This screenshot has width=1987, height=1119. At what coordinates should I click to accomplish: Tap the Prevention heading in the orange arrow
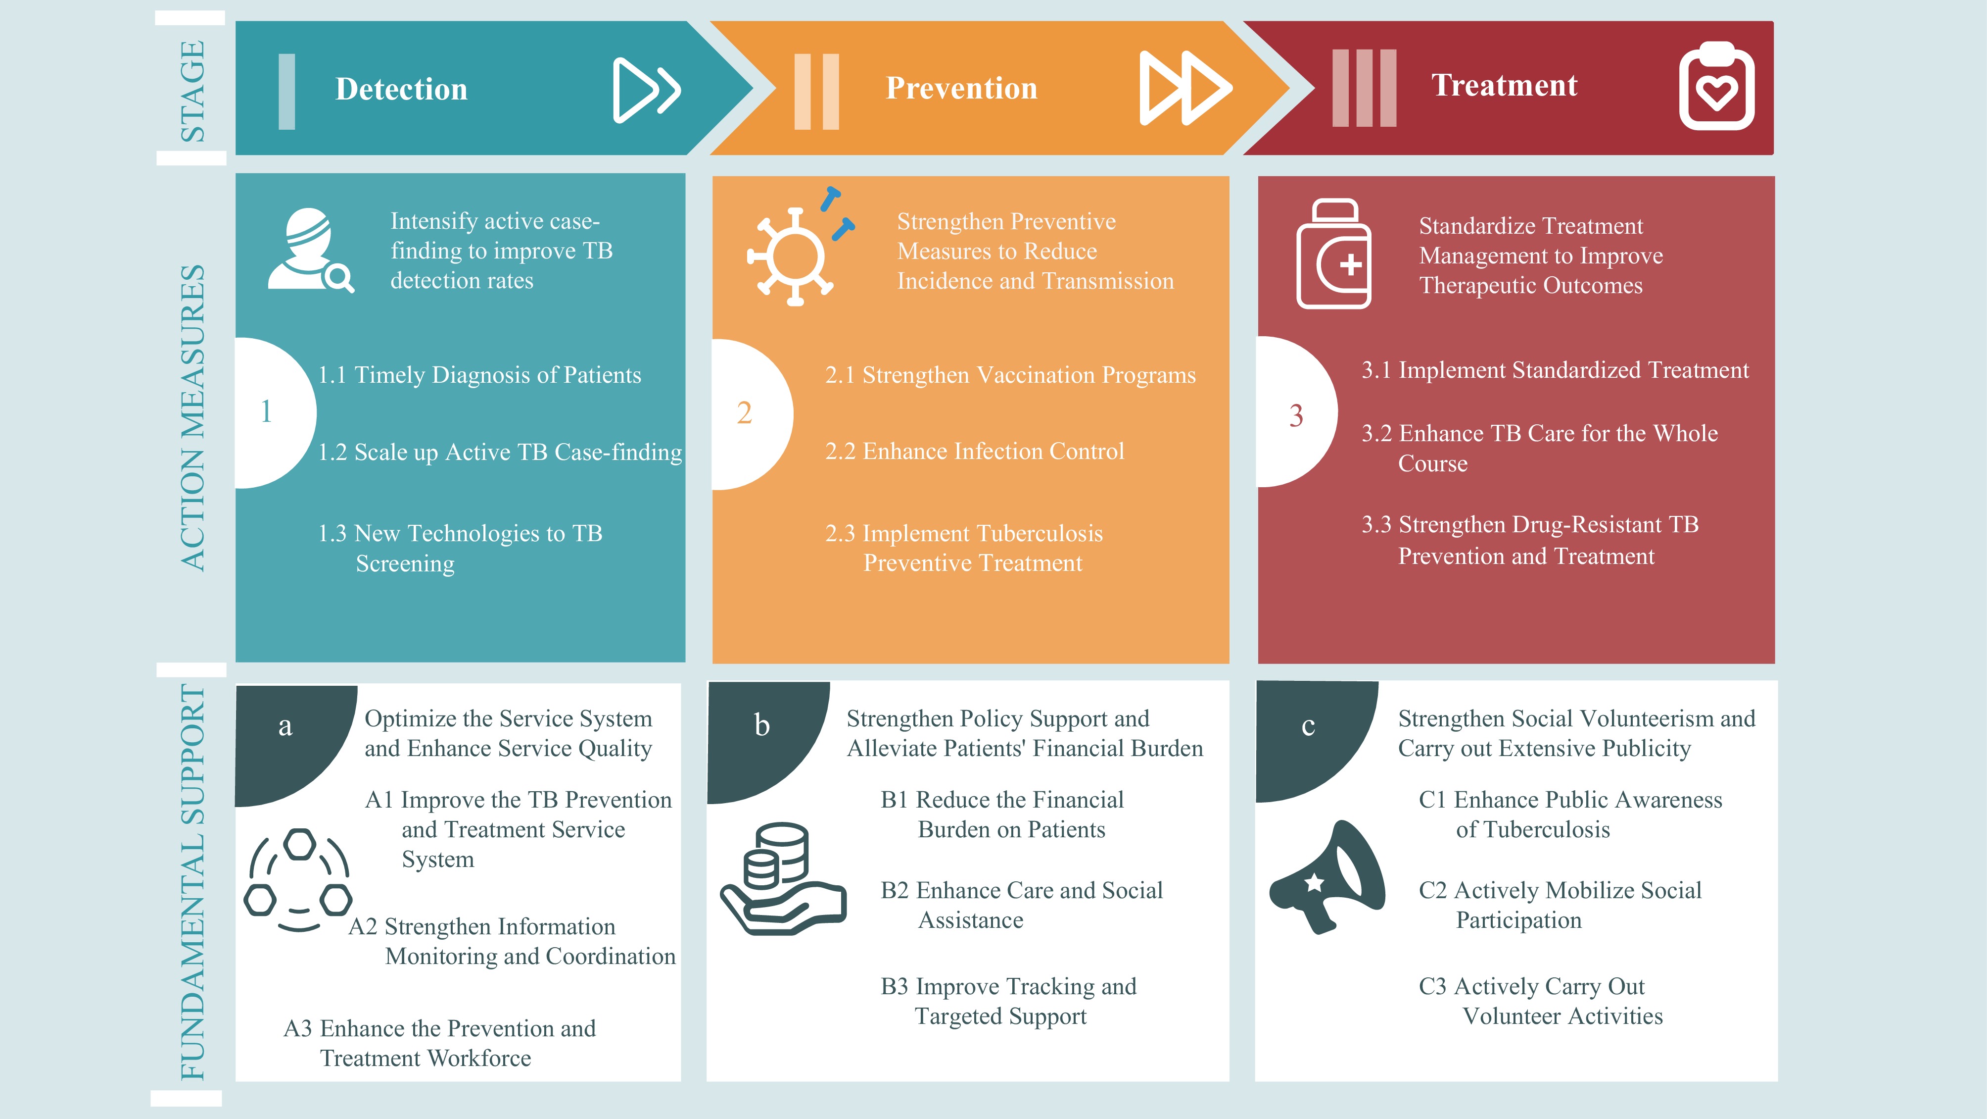[x=961, y=88]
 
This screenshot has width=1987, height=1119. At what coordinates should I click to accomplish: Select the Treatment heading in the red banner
[x=1504, y=85]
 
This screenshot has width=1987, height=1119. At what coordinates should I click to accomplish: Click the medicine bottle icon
[x=1334, y=254]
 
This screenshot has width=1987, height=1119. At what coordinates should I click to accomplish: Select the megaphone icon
[x=1326, y=877]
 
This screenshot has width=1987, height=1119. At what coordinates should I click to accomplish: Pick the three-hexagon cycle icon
[x=298, y=880]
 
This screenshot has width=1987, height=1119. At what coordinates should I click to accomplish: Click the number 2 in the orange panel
[x=744, y=413]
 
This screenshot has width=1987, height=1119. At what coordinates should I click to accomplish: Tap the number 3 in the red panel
[x=1296, y=416]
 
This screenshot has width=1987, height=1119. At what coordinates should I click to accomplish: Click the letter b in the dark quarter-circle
[x=762, y=725]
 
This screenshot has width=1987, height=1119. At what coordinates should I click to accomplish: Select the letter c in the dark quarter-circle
[x=1308, y=726]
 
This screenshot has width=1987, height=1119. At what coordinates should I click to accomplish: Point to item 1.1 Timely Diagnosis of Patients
[x=479, y=375]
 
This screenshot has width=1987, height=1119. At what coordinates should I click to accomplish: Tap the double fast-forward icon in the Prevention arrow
[x=1185, y=88]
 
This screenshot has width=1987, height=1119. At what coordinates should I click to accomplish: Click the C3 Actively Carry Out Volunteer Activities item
[x=1540, y=1001]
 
